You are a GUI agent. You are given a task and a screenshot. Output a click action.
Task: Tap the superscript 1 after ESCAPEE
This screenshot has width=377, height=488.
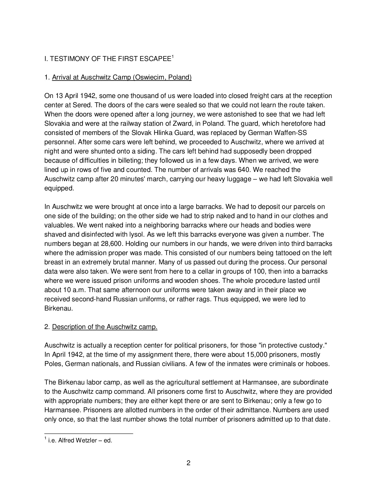click(x=173, y=57)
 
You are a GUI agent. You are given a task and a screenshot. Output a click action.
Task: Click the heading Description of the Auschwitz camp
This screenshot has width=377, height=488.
click(x=105, y=327)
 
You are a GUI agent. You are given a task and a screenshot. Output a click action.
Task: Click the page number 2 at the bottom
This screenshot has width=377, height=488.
click(x=188, y=463)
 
